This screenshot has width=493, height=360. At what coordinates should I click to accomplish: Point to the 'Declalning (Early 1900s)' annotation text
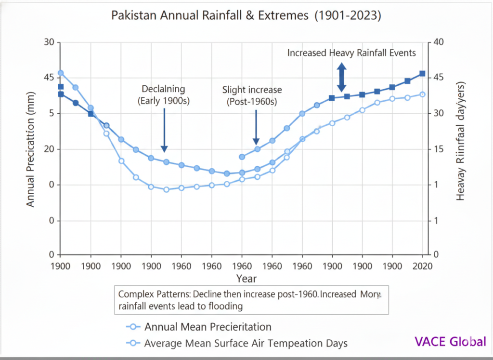pyautogui.click(x=164, y=95)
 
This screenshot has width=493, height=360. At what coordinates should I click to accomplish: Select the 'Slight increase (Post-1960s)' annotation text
pyautogui.click(x=252, y=95)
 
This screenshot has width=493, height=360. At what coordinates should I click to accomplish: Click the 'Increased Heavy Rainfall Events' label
pyautogui.click(x=351, y=53)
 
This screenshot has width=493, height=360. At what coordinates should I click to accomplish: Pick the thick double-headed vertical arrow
pyautogui.click(x=341, y=78)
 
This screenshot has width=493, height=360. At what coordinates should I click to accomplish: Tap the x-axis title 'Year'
pyautogui.click(x=246, y=279)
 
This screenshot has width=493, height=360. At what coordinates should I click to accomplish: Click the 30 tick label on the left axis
pyautogui.click(x=49, y=42)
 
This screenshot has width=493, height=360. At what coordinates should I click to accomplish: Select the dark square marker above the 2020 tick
pyautogui.click(x=422, y=74)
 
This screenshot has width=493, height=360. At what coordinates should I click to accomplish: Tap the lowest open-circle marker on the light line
pyautogui.click(x=166, y=189)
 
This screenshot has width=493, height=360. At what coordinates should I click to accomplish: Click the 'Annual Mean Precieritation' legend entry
pyautogui.click(x=208, y=327)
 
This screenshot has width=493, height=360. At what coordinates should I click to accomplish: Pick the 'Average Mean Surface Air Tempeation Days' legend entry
pyautogui.click(x=246, y=343)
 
